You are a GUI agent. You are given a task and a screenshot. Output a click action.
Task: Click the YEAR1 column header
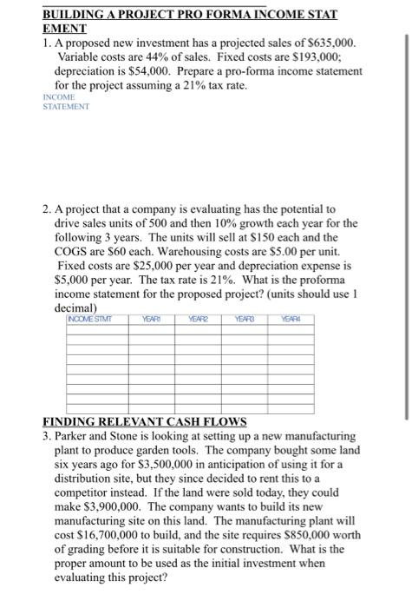(154, 318)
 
